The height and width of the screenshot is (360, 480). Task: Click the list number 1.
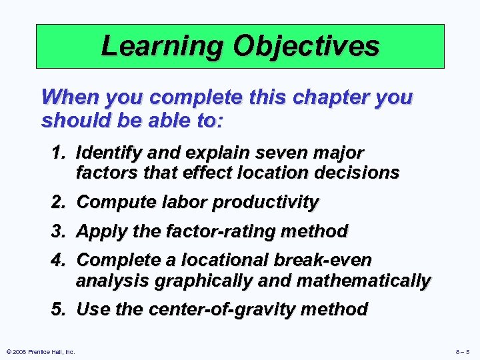click(x=59, y=153)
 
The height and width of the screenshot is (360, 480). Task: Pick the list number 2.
click(x=59, y=201)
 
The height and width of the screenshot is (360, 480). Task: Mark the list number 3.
click(x=59, y=231)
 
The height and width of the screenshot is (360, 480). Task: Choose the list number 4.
click(x=59, y=260)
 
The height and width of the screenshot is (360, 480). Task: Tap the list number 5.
click(x=59, y=309)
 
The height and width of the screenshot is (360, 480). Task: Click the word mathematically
click(x=363, y=281)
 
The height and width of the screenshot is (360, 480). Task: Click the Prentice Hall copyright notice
click(x=39, y=351)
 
